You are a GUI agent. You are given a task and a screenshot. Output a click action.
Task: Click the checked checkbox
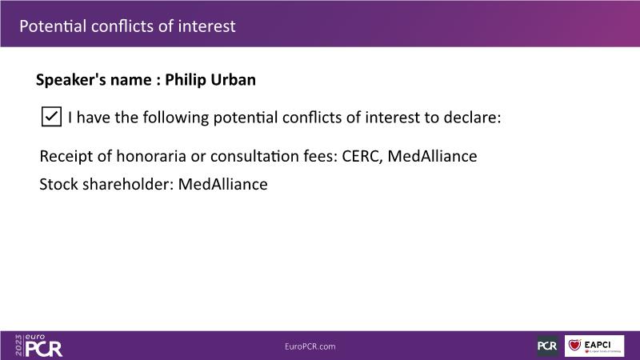click(x=51, y=117)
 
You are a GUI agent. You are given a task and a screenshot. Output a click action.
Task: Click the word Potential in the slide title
click(x=53, y=26)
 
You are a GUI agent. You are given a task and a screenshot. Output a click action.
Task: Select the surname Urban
click(x=233, y=79)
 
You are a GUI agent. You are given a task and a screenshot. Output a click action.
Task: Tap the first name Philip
click(x=186, y=80)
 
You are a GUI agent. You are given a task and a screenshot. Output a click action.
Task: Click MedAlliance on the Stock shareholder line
click(x=223, y=184)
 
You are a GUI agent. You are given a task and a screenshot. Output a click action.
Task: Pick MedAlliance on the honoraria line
click(x=432, y=156)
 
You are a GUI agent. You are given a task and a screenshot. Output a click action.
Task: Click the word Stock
click(x=58, y=184)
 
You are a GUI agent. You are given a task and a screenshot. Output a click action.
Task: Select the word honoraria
click(x=151, y=156)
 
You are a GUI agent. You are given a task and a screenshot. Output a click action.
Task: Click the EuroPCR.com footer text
click(x=310, y=346)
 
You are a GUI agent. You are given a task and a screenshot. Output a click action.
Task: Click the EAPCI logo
click(x=594, y=346)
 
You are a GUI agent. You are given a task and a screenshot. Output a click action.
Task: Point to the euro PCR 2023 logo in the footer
click(x=38, y=346)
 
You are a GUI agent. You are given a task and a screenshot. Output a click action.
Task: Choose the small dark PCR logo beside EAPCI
click(x=547, y=346)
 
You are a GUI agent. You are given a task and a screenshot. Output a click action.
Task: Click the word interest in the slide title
click(x=207, y=26)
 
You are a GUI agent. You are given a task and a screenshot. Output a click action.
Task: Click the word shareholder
click(x=129, y=184)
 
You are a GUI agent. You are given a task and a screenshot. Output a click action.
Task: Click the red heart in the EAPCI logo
click(x=575, y=345)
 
